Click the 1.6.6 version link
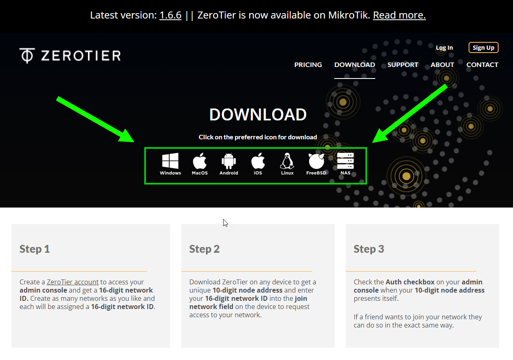click(171, 15)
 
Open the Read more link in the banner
click(399, 15)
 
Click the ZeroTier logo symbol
click(27, 55)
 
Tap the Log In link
click(444, 48)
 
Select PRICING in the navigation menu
click(308, 65)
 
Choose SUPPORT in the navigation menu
click(403, 65)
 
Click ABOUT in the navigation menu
click(442, 65)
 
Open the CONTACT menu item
click(482, 65)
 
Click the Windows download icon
click(170, 161)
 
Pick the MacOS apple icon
click(199, 161)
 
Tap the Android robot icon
click(229, 161)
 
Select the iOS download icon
click(258, 161)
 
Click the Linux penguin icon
click(287, 161)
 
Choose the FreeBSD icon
click(316, 161)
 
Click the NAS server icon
click(345, 161)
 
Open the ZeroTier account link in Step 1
click(73, 282)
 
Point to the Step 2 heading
click(204, 249)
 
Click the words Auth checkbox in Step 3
click(410, 282)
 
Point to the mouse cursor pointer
click(225, 223)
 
